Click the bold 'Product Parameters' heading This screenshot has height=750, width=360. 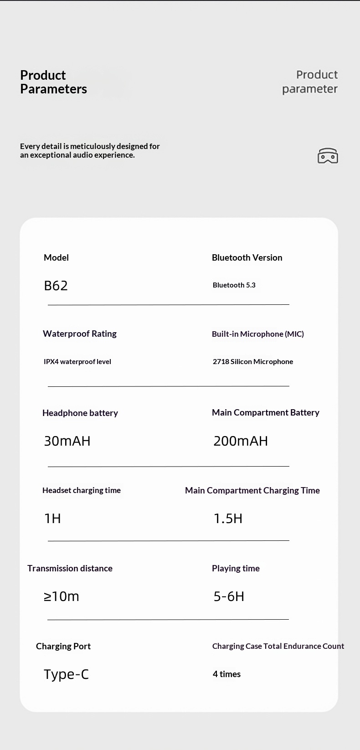coord(53,82)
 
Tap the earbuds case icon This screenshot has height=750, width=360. coord(328,156)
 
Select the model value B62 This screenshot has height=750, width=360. coord(56,286)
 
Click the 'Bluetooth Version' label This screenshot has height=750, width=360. coord(247,257)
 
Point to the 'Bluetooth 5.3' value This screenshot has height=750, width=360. coord(234,285)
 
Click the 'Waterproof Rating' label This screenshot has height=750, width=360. coord(80,334)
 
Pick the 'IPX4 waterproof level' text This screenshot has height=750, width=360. coord(77,362)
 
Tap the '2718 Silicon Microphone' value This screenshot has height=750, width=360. coord(253,362)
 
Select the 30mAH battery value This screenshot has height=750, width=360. coord(67,441)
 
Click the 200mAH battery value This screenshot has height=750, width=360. coord(241,441)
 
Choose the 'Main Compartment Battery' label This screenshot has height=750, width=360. coord(266,412)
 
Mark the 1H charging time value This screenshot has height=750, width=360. coord(52,519)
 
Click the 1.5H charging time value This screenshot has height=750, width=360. coord(228,519)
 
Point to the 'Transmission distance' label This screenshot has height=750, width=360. coord(70,568)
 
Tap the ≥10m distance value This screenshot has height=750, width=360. coord(61,596)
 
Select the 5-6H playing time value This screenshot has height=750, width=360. coord(229,596)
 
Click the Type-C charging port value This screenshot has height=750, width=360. coord(66,674)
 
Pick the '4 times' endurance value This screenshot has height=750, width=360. coord(226,674)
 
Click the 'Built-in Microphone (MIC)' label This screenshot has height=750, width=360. coord(258,334)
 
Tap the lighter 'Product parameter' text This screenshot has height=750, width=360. coord(310,82)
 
